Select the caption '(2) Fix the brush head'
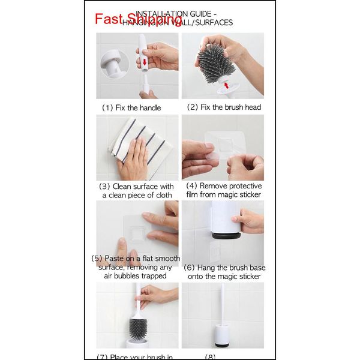[x=223, y=107]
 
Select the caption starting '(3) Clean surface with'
[x=137, y=191]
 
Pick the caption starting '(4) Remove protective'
[x=223, y=191]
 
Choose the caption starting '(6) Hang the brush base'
[x=223, y=272]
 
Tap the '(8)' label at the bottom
[x=210, y=356]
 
